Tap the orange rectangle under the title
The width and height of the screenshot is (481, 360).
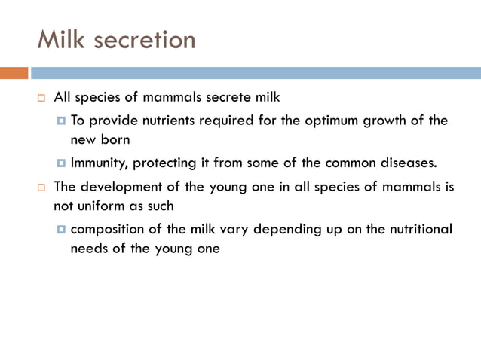click(14, 73)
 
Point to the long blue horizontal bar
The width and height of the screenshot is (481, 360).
click(256, 73)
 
